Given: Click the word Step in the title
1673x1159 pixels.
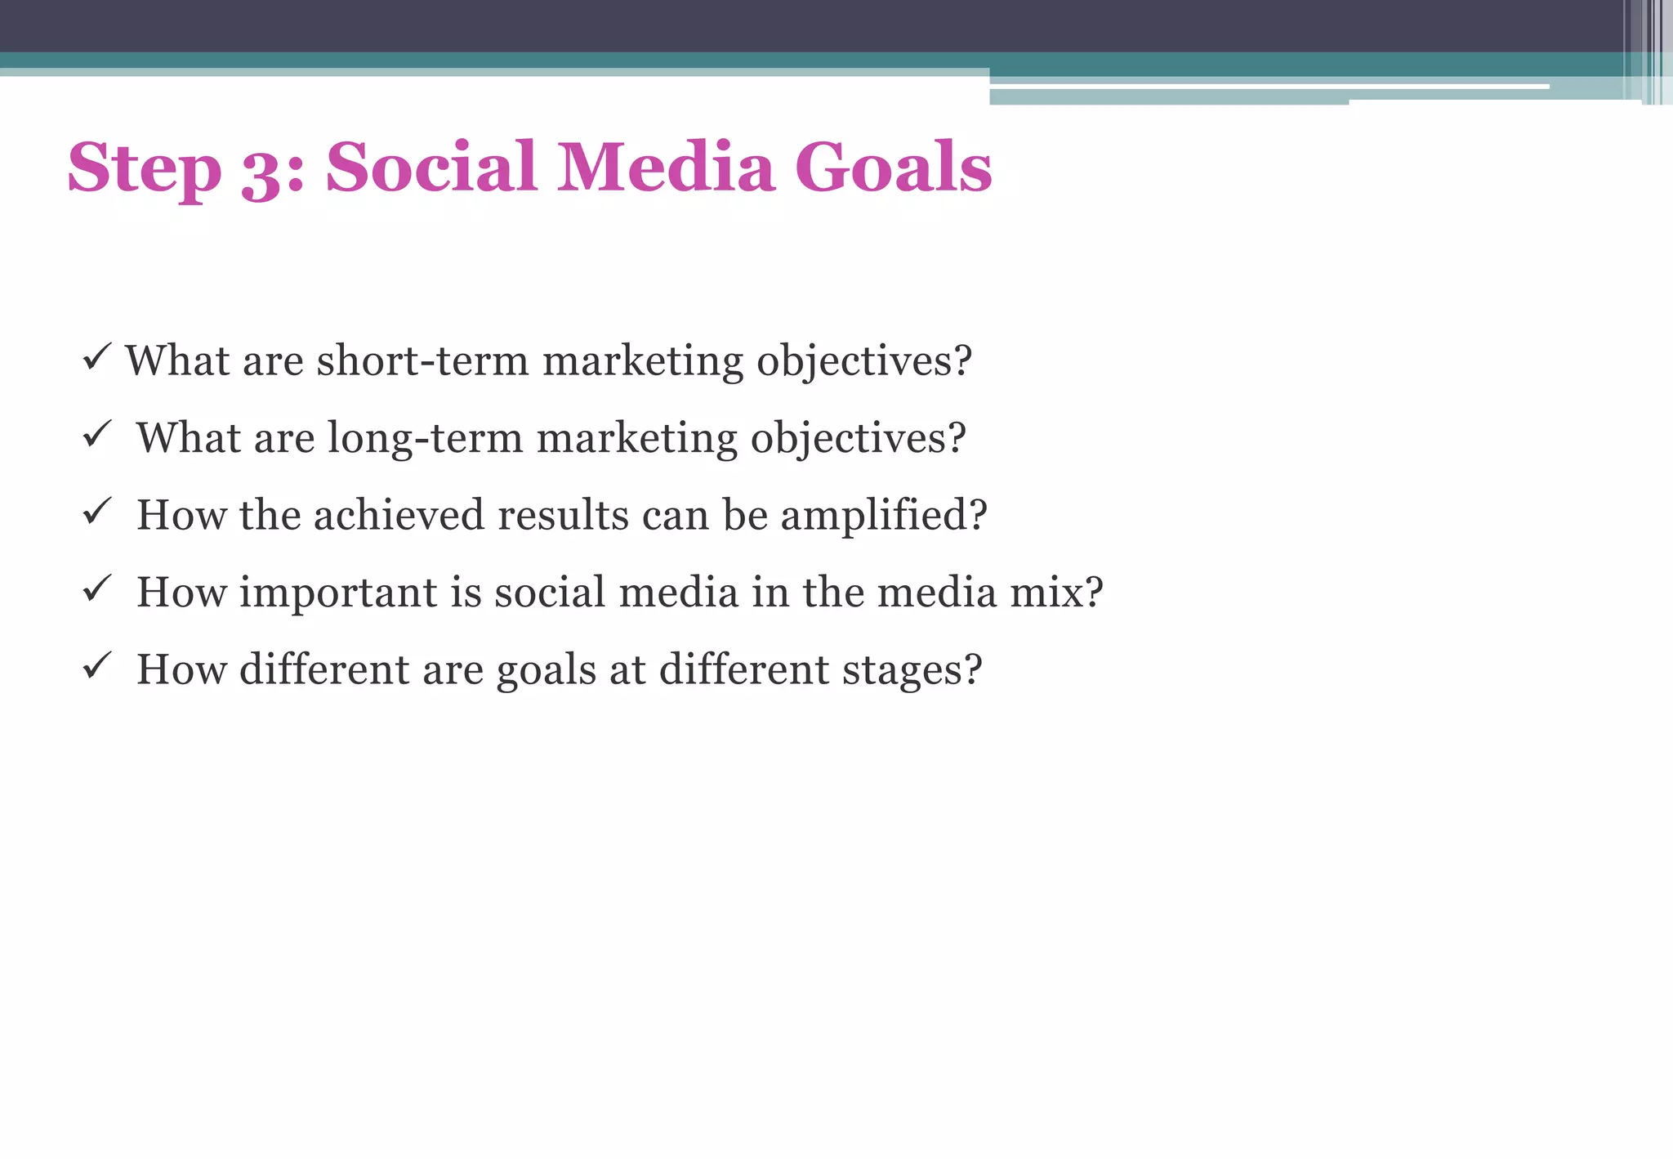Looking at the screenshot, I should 144,168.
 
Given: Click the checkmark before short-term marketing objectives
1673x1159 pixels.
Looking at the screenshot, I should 96,357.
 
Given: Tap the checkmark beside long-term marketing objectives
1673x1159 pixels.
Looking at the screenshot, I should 96,434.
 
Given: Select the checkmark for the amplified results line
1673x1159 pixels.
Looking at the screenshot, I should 96,512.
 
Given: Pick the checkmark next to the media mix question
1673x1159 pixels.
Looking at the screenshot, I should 96,588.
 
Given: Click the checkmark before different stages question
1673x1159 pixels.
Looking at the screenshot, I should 96,665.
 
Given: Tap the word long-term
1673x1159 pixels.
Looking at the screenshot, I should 425,437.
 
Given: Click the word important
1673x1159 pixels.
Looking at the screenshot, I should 338,593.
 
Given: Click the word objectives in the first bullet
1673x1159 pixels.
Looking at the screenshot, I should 863,362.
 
